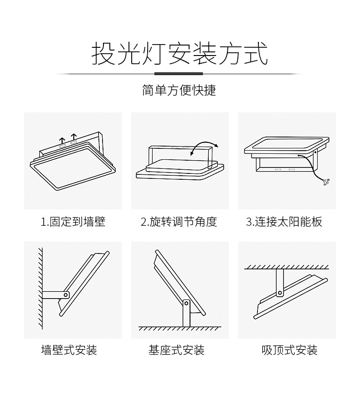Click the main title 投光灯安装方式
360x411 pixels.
tap(180, 53)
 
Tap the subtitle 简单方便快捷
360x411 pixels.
tap(179, 90)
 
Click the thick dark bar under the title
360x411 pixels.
tap(179, 74)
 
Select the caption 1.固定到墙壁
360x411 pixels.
tap(73, 222)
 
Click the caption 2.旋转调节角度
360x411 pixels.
tap(179, 222)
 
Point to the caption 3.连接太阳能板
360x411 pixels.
tap(284, 222)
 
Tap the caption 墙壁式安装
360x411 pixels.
tap(69, 350)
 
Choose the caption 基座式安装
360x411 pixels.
tap(176, 350)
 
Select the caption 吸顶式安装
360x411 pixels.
tap(290, 350)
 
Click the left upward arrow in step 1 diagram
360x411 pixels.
tap(62, 140)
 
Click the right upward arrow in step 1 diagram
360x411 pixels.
tap(74, 137)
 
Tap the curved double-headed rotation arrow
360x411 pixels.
tap(204, 147)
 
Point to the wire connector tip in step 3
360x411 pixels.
tap(327, 182)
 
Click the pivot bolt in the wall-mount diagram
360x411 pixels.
tap(66, 295)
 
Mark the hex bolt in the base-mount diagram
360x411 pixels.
tap(186, 303)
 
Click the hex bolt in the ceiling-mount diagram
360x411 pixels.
tap(280, 292)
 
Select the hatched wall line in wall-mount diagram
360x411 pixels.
tap(41, 288)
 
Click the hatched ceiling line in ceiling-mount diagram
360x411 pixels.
tap(287, 267)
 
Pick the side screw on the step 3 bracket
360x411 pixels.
tap(315, 152)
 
